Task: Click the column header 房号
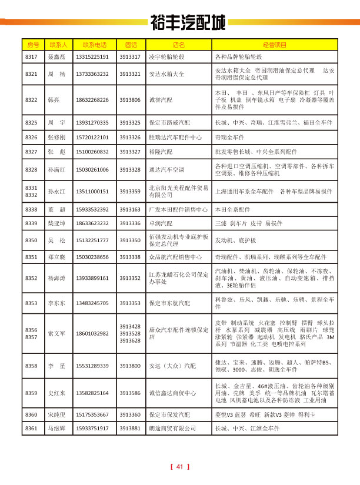32,45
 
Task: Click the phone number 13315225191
92,57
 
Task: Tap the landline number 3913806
129,100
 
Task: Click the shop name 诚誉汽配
161,100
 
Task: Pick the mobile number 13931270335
92,123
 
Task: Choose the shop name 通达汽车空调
166,169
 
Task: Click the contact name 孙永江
56,192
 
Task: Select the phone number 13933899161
92,277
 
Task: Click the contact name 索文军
56,333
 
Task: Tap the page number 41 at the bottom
179,467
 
